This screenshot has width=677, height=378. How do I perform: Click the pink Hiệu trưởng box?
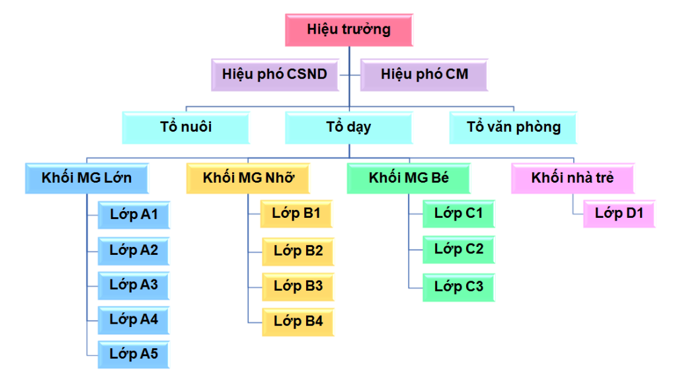click(348, 30)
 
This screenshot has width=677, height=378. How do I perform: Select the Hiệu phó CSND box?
click(274, 74)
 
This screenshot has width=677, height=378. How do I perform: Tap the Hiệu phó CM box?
click(424, 74)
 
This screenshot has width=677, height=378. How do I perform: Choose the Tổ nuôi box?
click(186, 127)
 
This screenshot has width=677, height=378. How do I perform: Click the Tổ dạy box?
click(348, 127)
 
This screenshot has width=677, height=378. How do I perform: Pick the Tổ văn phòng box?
click(513, 127)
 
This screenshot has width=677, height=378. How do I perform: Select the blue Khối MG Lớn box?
click(87, 178)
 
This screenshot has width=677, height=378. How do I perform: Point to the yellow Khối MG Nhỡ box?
click(249, 178)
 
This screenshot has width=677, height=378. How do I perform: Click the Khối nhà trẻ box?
click(573, 178)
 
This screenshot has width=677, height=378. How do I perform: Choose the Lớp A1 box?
click(133, 214)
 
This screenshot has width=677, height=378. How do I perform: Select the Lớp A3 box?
click(133, 285)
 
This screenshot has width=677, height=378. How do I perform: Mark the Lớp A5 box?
click(133, 354)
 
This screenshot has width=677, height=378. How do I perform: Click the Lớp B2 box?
click(298, 251)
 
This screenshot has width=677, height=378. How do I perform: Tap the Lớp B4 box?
click(298, 322)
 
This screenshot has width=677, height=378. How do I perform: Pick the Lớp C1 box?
click(458, 214)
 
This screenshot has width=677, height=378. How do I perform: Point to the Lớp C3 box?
click(458, 287)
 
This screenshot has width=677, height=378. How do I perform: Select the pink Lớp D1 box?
click(619, 214)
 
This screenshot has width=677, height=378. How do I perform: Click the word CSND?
click(307, 74)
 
